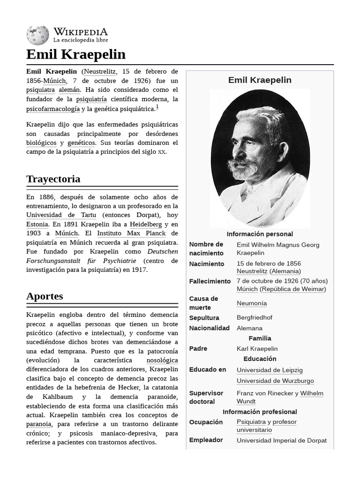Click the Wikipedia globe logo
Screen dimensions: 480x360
(38, 35)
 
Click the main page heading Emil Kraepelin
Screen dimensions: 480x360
(76, 54)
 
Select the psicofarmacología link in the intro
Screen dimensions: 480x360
(53, 109)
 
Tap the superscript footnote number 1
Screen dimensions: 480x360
(157, 107)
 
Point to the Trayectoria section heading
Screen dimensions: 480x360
(53, 179)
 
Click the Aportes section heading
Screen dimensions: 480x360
(45, 296)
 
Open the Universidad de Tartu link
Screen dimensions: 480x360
(61, 215)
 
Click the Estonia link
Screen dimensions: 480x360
(37, 224)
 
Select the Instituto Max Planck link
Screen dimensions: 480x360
(131, 233)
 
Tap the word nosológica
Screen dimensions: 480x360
(162, 360)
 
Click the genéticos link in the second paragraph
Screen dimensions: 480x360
(81, 142)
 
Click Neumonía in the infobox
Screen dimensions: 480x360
(252, 303)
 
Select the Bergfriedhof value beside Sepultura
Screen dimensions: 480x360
(255, 317)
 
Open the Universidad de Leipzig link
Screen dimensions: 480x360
(270, 370)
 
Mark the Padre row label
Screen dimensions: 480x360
(198, 348)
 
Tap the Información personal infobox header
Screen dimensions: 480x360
(260, 234)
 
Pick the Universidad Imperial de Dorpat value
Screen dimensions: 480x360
(281, 440)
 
